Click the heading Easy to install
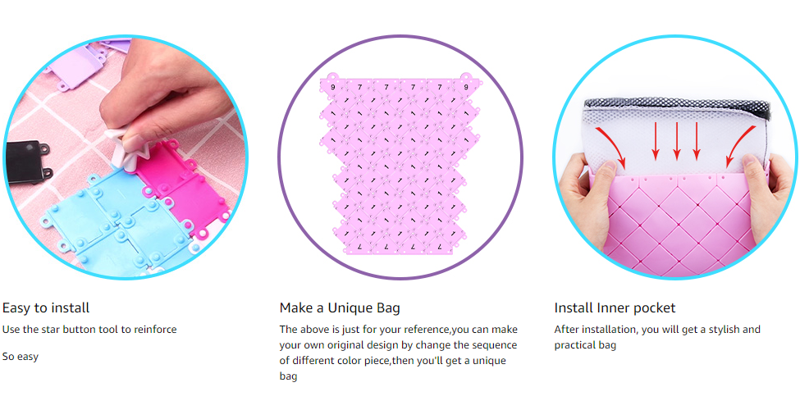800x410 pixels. (46, 308)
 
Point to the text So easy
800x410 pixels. (21, 357)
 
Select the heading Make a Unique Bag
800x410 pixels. (340, 308)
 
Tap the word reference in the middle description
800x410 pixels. (426, 330)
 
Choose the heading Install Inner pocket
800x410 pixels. (615, 308)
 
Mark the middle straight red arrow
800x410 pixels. (677, 140)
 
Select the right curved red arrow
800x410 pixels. (740, 145)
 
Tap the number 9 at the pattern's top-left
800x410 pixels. (333, 88)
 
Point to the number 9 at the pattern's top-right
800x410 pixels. (466, 87)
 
